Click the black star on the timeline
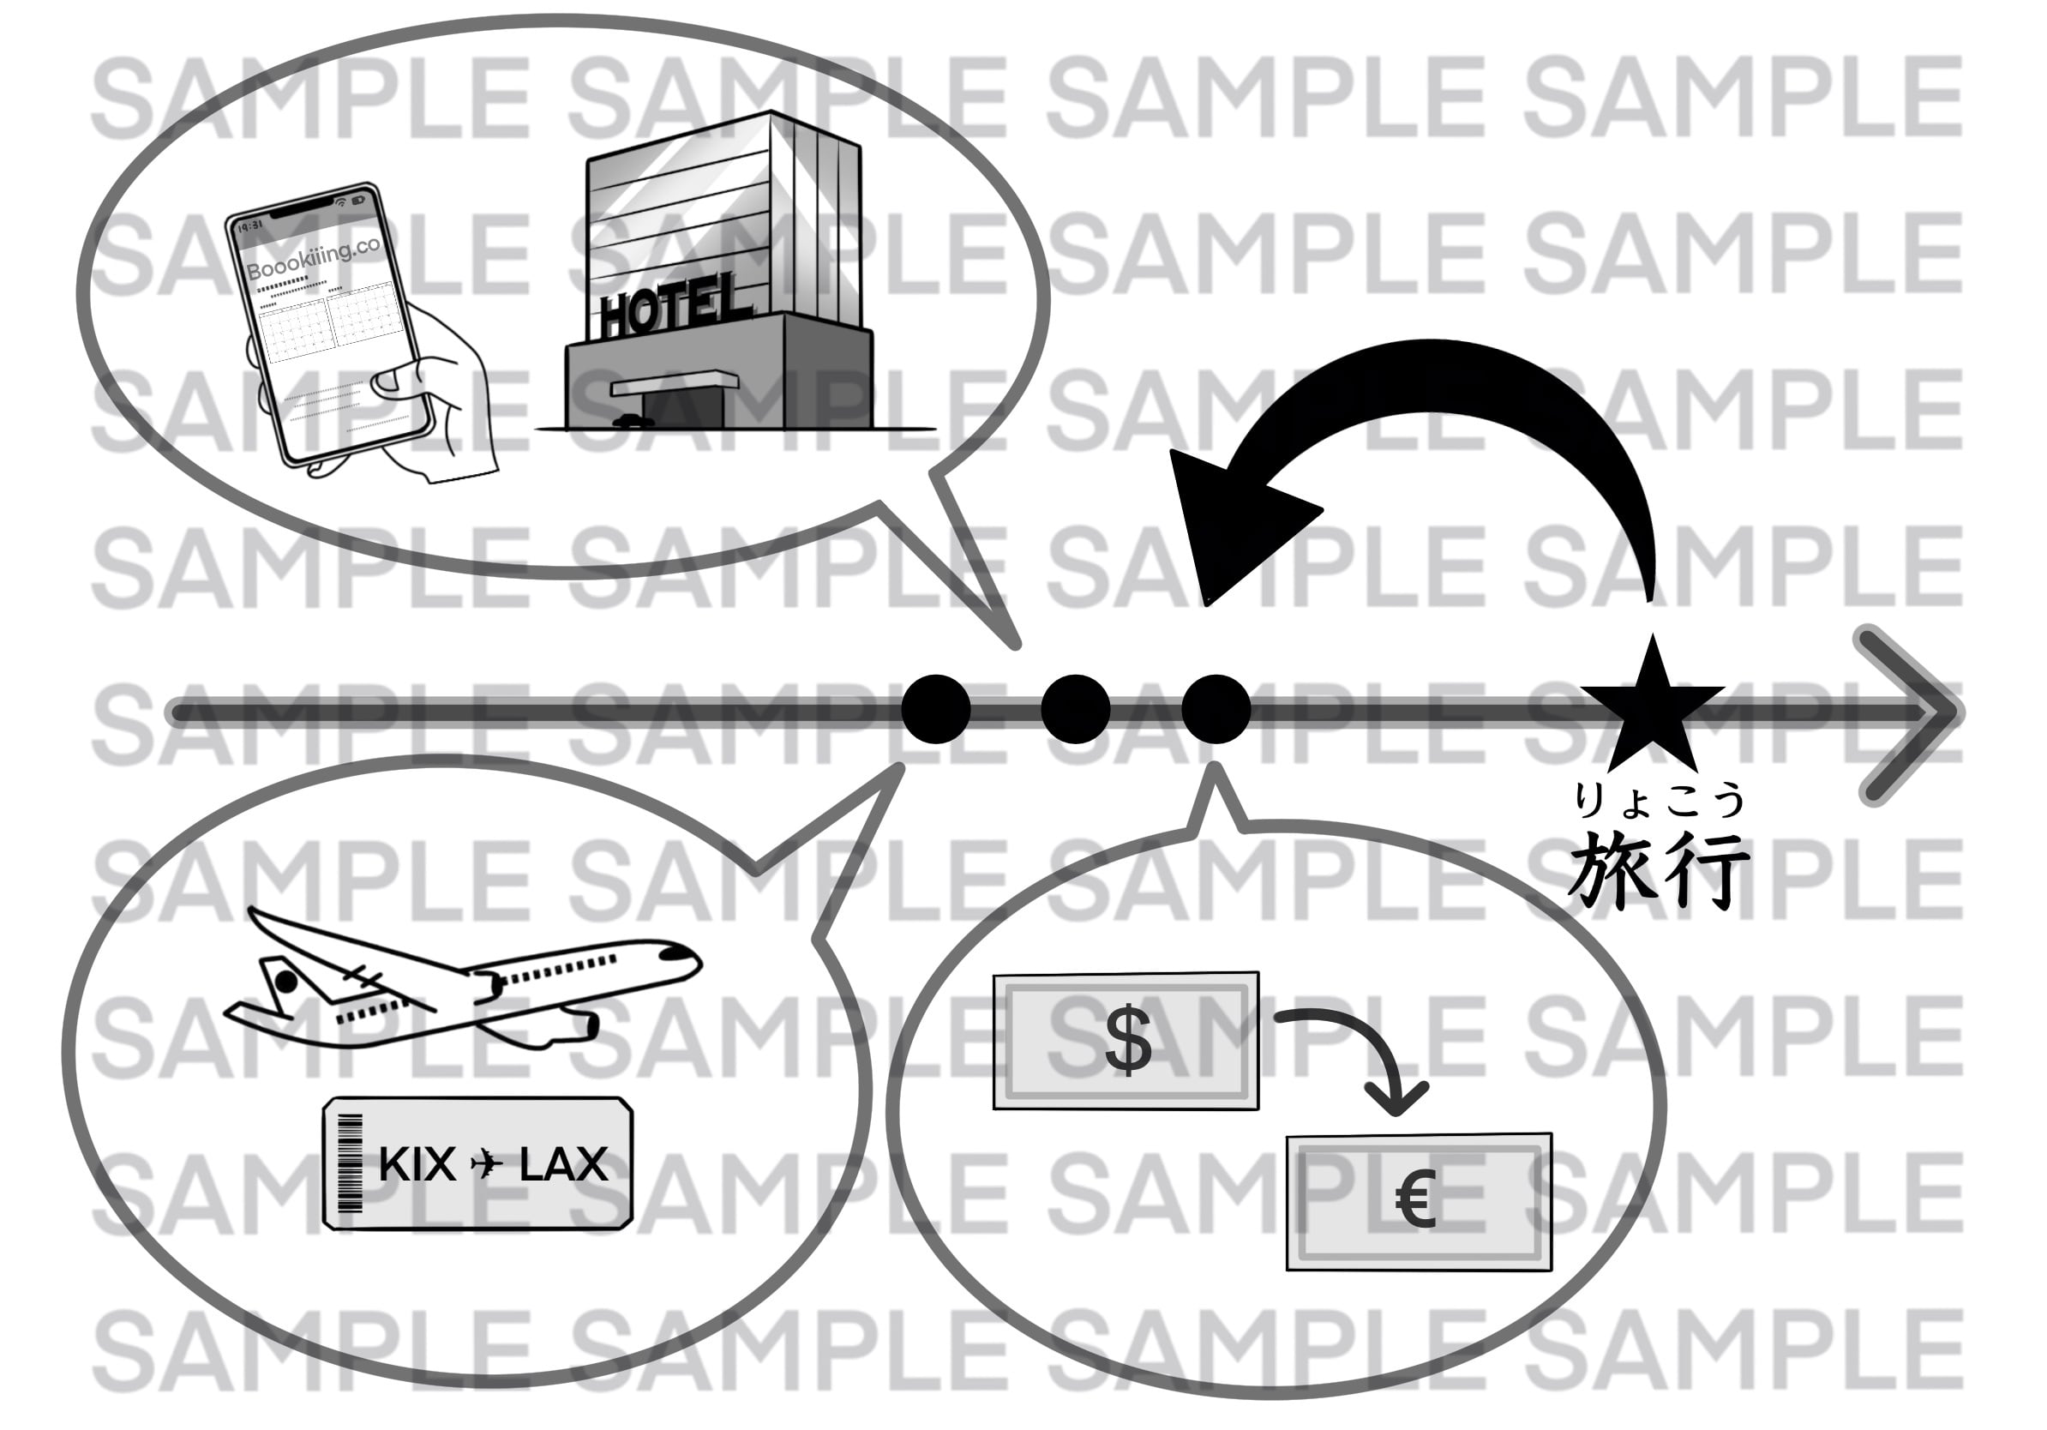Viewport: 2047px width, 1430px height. [x=1651, y=709]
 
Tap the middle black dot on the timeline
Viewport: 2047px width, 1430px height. [x=1075, y=710]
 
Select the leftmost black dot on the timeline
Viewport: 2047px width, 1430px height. [x=935, y=710]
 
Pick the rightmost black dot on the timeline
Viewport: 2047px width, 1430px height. [x=1216, y=710]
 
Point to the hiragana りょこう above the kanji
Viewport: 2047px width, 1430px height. [x=1657, y=800]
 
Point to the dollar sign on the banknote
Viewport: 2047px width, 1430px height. [x=1128, y=1041]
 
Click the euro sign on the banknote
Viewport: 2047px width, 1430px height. [x=1416, y=1200]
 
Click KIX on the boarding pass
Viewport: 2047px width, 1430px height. [x=417, y=1164]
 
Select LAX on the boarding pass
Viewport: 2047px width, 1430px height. [x=563, y=1164]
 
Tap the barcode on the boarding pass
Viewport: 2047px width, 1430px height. [x=351, y=1163]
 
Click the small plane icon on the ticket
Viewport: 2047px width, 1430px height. [x=487, y=1164]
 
